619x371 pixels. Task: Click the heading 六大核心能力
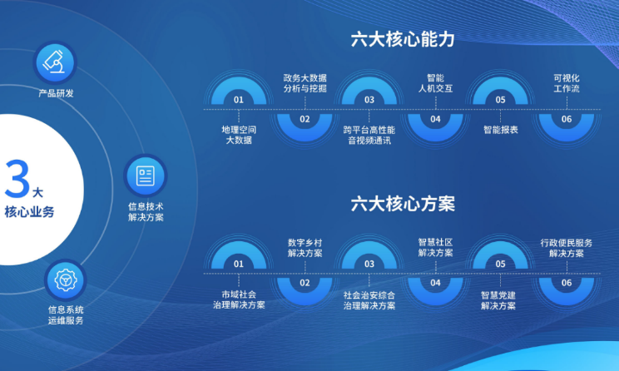tap(403, 40)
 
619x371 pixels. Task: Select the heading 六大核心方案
tap(403, 204)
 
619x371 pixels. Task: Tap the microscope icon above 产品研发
tap(54, 62)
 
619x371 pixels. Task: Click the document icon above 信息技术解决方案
tap(146, 176)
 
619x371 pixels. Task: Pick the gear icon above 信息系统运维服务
tap(66, 279)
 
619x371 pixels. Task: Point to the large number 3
tap(17, 179)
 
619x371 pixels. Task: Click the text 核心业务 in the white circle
tap(29, 212)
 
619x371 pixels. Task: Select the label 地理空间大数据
tap(239, 135)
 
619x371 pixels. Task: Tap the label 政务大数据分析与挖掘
tap(305, 83)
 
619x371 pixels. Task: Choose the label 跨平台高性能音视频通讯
tap(369, 135)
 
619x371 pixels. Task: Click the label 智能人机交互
tap(435, 83)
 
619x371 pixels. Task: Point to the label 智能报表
tap(501, 130)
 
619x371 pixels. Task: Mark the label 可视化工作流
tap(567, 83)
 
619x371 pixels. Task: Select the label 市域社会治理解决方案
tap(239, 299)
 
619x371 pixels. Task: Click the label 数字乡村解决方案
tap(305, 248)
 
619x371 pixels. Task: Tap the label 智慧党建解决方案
tap(498, 300)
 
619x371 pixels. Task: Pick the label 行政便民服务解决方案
tap(567, 248)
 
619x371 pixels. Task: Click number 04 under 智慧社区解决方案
tap(435, 283)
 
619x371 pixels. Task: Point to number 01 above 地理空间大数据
tap(239, 100)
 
